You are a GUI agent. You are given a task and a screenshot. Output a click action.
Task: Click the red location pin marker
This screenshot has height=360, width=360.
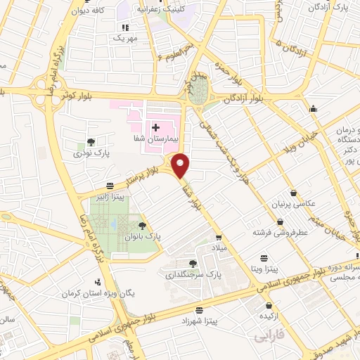coord(181,165)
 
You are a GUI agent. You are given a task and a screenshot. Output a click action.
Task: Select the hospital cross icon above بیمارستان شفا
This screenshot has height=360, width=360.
coord(155,126)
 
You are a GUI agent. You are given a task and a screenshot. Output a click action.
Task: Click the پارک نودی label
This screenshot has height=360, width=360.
coord(89,152)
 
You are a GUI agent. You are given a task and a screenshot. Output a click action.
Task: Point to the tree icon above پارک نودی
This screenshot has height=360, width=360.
coord(89,141)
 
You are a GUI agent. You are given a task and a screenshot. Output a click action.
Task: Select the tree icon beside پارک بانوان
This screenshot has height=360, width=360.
coord(143,226)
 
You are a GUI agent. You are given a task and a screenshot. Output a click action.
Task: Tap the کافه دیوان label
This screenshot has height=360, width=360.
coord(96,11)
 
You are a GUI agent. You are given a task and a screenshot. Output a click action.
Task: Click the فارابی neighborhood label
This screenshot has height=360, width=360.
coord(271,337)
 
